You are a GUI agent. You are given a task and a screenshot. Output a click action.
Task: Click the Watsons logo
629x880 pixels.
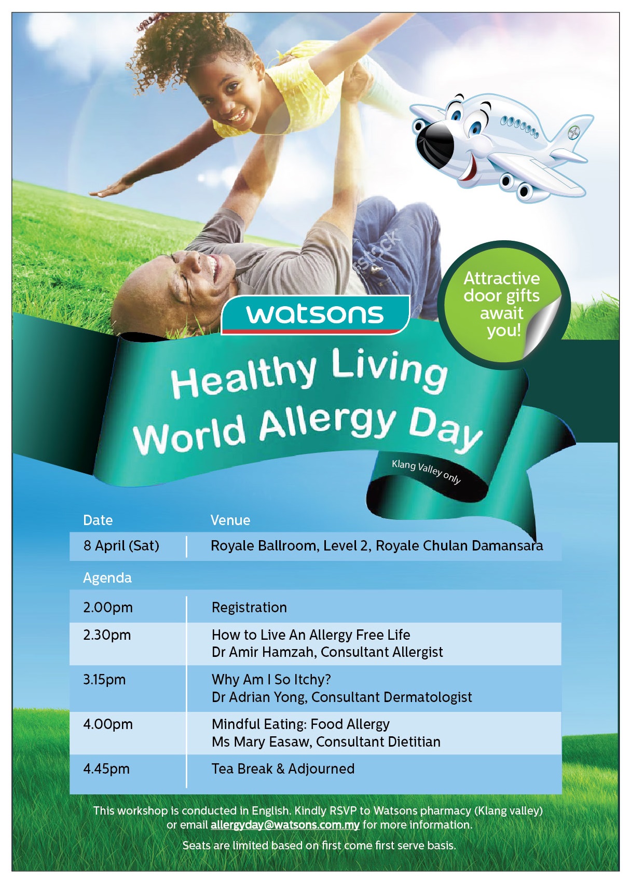315,314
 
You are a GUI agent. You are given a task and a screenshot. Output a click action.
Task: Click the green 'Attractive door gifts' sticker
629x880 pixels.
503,305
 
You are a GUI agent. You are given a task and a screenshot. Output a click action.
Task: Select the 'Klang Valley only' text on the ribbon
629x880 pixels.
426,472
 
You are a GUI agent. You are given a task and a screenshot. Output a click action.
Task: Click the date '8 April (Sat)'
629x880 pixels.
121,546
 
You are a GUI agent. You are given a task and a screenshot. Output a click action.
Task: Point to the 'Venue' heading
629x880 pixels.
230,520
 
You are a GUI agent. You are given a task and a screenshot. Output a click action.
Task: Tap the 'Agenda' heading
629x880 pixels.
107,578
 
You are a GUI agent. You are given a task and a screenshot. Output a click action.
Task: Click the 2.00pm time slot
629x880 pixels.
107,608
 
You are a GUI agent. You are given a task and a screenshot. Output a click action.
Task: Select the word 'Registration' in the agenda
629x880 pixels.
249,608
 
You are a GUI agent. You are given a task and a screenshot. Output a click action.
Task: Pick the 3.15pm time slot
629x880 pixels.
104,680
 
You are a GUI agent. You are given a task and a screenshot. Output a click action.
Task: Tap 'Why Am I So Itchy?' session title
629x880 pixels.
271,680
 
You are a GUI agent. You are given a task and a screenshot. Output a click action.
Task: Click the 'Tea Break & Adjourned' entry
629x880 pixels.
283,769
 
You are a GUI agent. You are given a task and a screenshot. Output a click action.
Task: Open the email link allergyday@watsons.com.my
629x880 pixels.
285,824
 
